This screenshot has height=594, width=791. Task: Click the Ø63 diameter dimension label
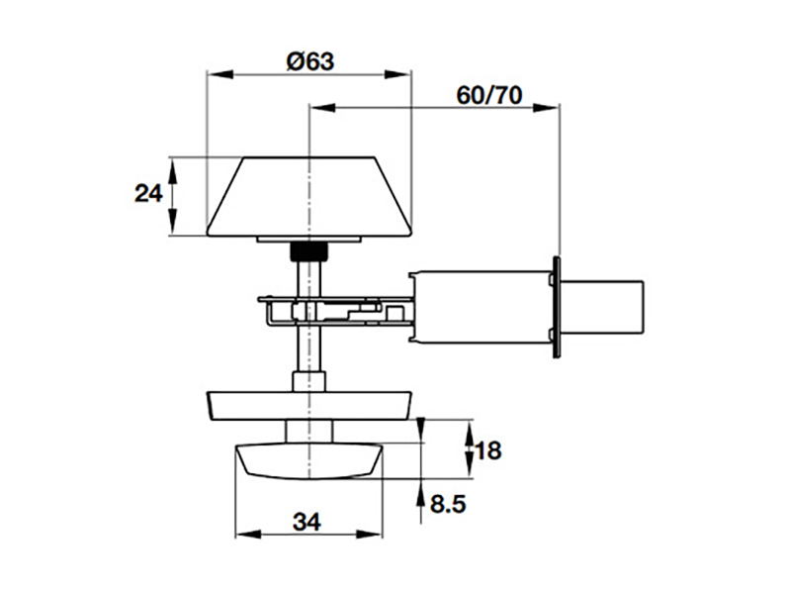click(x=309, y=60)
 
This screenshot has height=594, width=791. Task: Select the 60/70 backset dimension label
click(x=489, y=95)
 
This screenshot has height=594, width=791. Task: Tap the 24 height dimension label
click(x=148, y=194)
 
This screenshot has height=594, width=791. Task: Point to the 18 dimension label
click(x=488, y=451)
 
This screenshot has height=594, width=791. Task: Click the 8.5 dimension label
click(x=448, y=504)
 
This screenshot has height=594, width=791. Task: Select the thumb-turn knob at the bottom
click(x=308, y=461)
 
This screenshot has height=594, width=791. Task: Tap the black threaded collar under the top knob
click(x=308, y=250)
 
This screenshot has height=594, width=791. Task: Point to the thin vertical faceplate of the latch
click(x=558, y=307)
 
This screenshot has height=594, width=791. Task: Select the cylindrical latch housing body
click(x=480, y=306)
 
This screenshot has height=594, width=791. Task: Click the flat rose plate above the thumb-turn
click(x=309, y=405)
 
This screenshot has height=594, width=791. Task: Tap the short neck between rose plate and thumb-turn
click(x=308, y=432)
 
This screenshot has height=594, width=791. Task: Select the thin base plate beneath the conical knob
click(x=309, y=240)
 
